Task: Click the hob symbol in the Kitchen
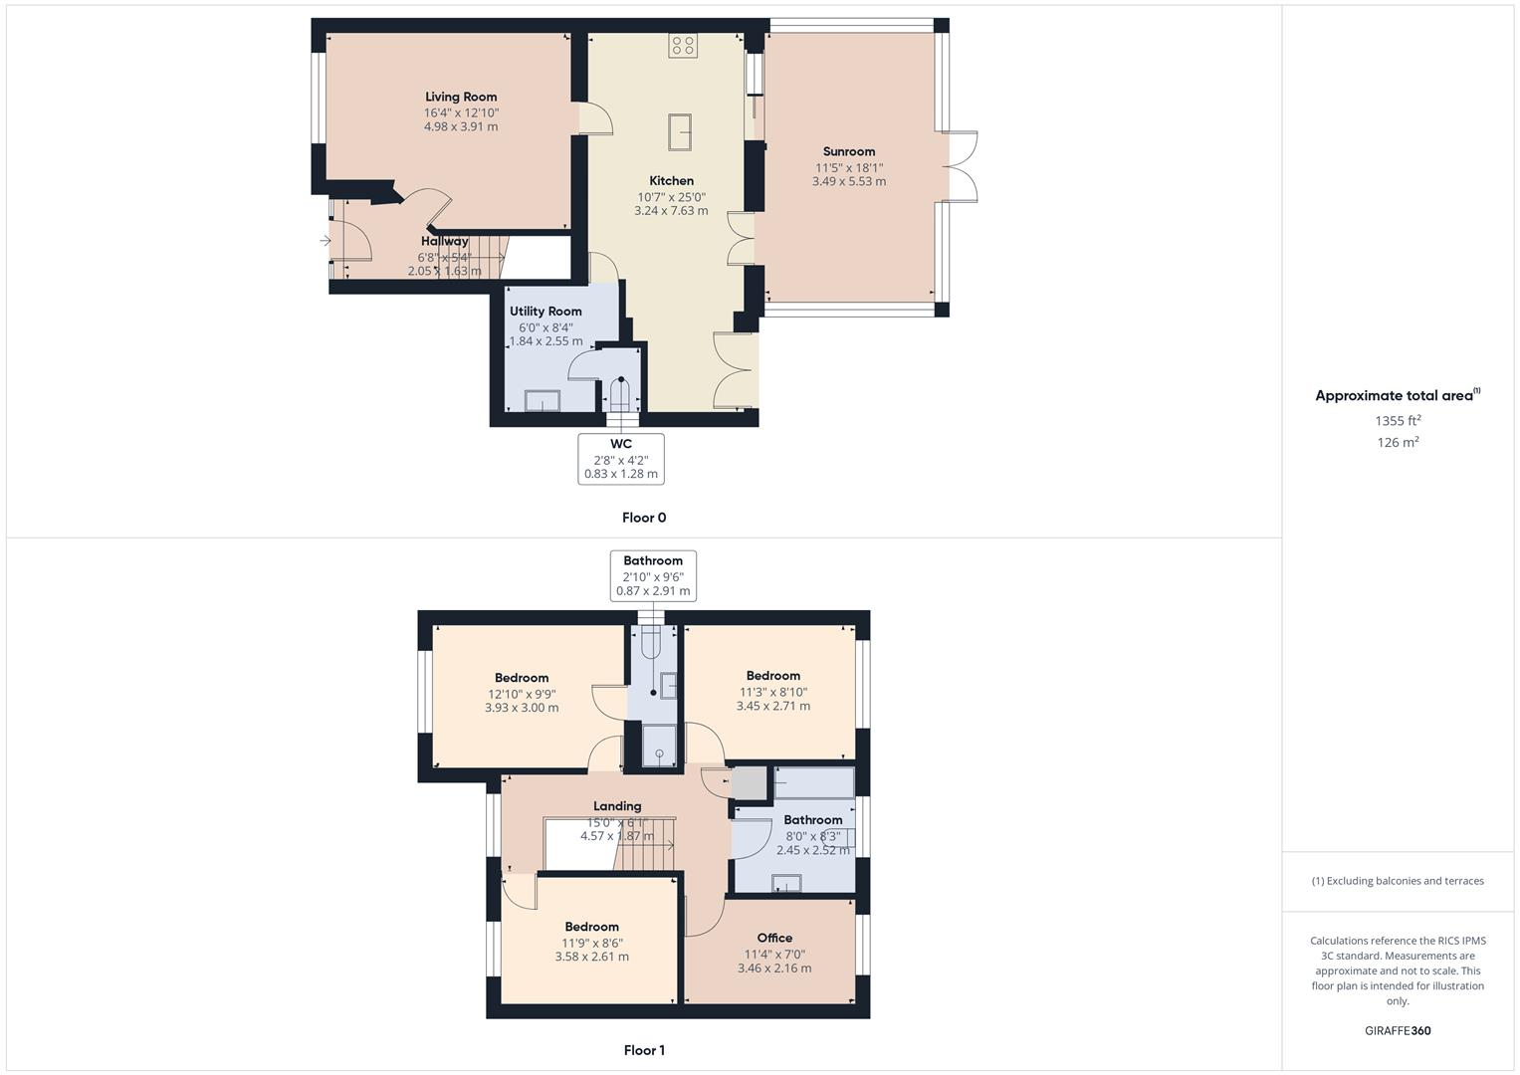coord(683,45)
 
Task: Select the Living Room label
coord(461,97)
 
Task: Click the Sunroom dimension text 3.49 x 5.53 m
coord(848,182)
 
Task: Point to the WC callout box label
coord(620,444)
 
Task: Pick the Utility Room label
coord(545,312)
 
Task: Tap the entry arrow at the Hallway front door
coord(326,240)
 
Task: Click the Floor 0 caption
coord(644,518)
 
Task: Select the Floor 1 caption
coord(644,1050)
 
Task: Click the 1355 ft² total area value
coord(1398,421)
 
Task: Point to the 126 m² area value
coord(1398,443)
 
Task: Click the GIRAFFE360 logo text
coord(1398,1031)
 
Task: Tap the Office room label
coord(774,938)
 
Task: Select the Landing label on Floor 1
coord(617,806)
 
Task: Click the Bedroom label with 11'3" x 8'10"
coord(772,676)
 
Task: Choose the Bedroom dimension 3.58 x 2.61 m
coord(591,958)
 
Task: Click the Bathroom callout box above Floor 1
coord(653,575)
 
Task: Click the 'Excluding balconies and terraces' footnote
coord(1398,881)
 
